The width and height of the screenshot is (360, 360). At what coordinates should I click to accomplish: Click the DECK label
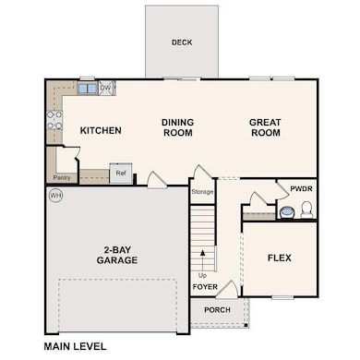click(x=182, y=42)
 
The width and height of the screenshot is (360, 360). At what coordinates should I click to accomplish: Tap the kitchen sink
click(x=88, y=89)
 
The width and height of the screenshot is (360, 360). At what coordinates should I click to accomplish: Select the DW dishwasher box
click(x=106, y=88)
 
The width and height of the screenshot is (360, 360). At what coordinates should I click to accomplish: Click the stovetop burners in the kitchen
click(x=54, y=120)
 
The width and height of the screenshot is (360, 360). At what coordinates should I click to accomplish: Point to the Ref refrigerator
click(x=121, y=174)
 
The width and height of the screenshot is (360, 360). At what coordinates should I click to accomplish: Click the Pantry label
click(x=62, y=178)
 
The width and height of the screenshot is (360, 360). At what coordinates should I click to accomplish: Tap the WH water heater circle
click(x=56, y=196)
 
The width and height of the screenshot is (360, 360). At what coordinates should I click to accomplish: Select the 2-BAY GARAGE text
click(x=117, y=255)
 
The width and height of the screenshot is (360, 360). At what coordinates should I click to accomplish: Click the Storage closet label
click(x=202, y=192)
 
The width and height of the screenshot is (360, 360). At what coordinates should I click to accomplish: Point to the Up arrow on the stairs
click(x=202, y=260)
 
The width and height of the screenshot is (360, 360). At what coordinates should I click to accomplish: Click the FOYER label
click(x=205, y=287)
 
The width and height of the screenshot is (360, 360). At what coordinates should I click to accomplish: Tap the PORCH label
click(x=217, y=310)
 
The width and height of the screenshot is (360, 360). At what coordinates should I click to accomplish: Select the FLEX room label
click(x=280, y=258)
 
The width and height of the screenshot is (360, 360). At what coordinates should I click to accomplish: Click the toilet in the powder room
click(x=306, y=210)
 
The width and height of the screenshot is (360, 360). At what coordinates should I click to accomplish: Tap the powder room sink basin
click(x=287, y=212)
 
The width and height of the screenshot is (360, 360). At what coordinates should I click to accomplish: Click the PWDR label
click(x=301, y=188)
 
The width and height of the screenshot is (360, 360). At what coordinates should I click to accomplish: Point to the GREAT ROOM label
click(x=265, y=127)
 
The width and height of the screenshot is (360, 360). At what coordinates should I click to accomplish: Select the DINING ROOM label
click(x=178, y=127)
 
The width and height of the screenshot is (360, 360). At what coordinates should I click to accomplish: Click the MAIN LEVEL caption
click(x=75, y=346)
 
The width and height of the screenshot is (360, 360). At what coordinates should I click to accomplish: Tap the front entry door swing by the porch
click(x=228, y=290)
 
